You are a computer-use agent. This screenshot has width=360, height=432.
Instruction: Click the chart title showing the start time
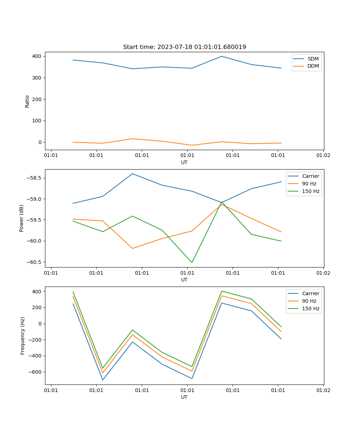[x=184, y=47]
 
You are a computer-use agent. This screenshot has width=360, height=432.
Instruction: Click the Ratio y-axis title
[x=27, y=101]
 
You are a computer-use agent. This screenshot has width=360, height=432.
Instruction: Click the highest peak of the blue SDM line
[x=222, y=56]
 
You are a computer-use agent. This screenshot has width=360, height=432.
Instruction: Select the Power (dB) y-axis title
[x=22, y=218]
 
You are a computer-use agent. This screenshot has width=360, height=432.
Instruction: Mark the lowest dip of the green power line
[x=192, y=262]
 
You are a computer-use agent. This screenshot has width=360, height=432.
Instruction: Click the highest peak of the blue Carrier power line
[x=132, y=174]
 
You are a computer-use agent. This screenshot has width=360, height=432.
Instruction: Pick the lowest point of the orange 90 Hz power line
[x=132, y=248]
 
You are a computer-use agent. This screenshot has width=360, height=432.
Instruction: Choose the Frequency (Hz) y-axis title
[x=23, y=336]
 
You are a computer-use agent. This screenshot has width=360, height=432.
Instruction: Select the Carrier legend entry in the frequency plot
[x=310, y=293]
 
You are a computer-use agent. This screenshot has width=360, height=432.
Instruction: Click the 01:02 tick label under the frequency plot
[x=323, y=390]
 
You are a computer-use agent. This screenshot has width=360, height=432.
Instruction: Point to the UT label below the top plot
[x=184, y=162]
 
